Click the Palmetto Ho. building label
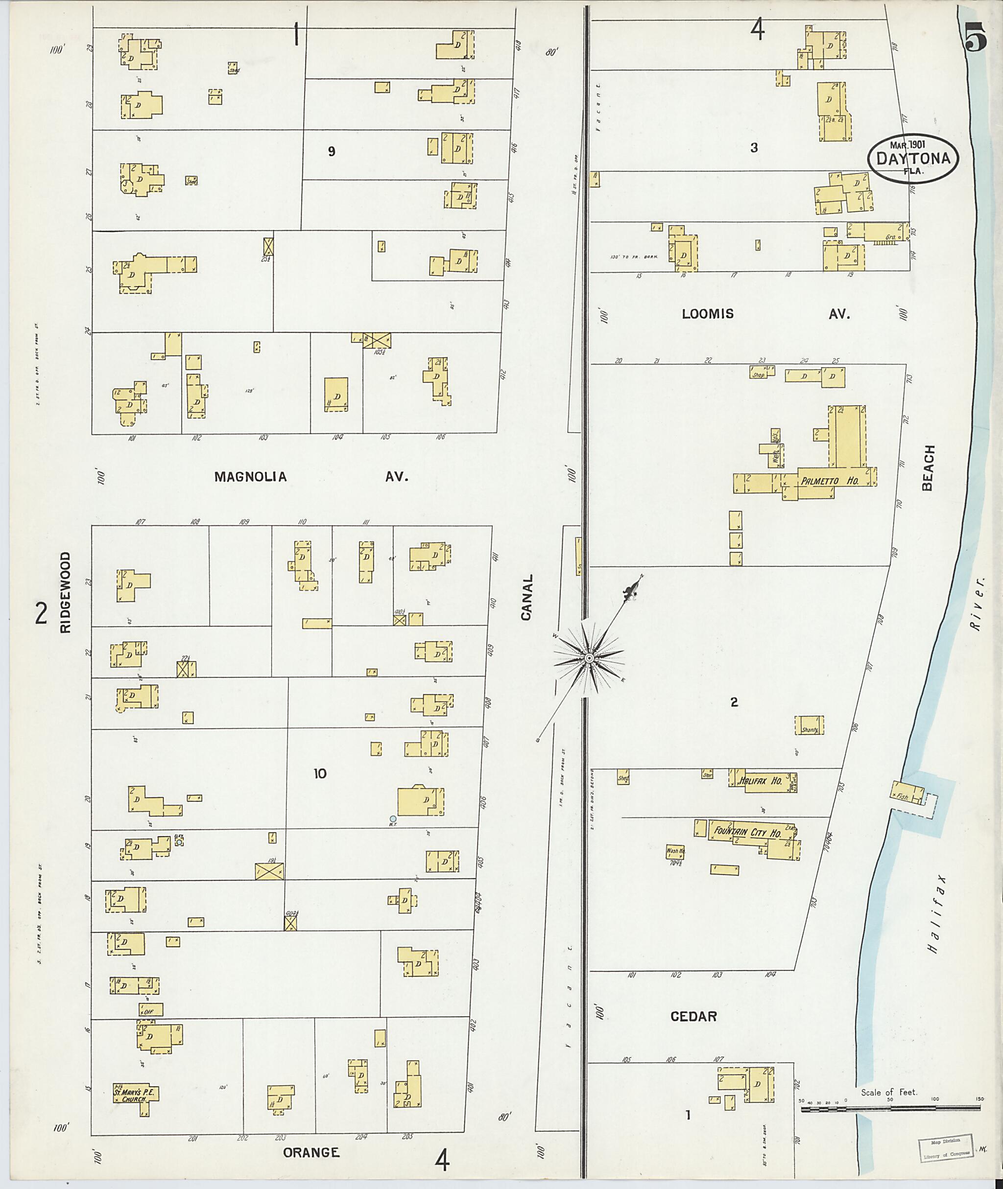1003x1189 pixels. [x=829, y=481]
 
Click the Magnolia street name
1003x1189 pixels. [x=250, y=477]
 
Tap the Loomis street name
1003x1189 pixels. [x=708, y=314]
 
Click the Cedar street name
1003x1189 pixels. [x=693, y=1017]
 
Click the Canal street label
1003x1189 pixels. [x=527, y=597]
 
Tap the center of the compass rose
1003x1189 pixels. [x=590, y=658]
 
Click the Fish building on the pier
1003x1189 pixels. [x=904, y=796]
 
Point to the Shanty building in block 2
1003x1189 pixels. [x=809, y=730]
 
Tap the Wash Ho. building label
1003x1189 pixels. [x=675, y=852]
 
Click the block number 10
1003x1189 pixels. [x=320, y=773]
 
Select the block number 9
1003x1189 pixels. [x=332, y=151]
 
